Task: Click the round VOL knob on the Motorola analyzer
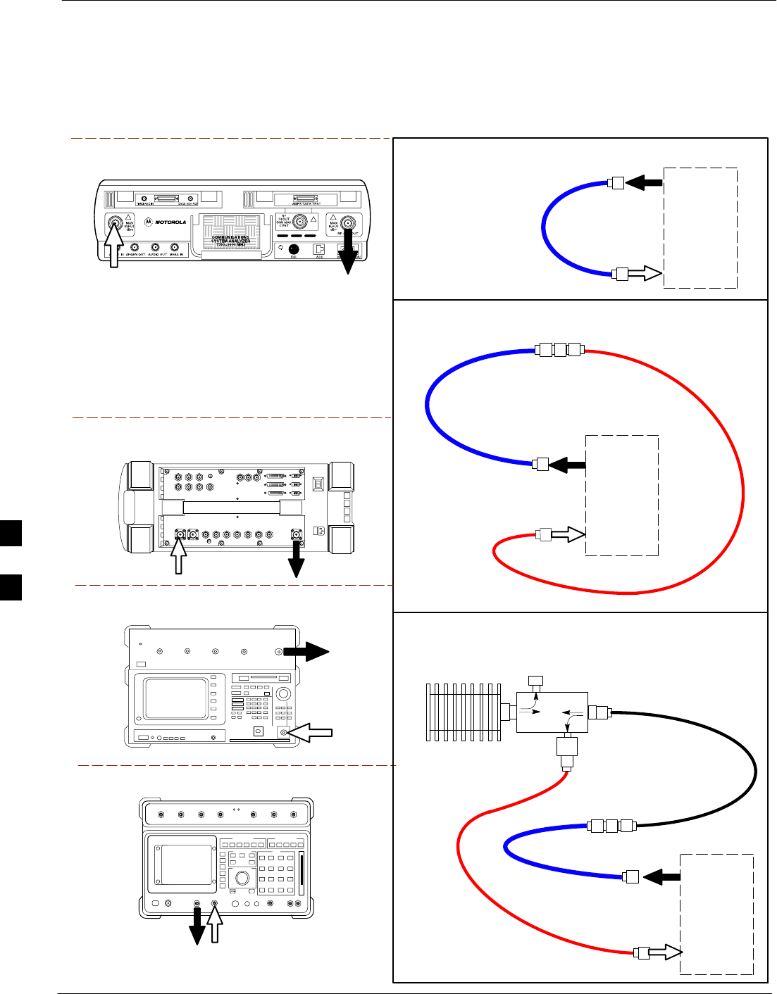[294, 249]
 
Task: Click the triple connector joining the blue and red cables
[559, 349]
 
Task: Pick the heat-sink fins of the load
[462, 711]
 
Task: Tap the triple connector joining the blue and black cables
[611, 826]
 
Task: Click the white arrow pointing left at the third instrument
[311, 733]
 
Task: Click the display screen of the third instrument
[176, 699]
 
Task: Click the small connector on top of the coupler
[536, 681]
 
